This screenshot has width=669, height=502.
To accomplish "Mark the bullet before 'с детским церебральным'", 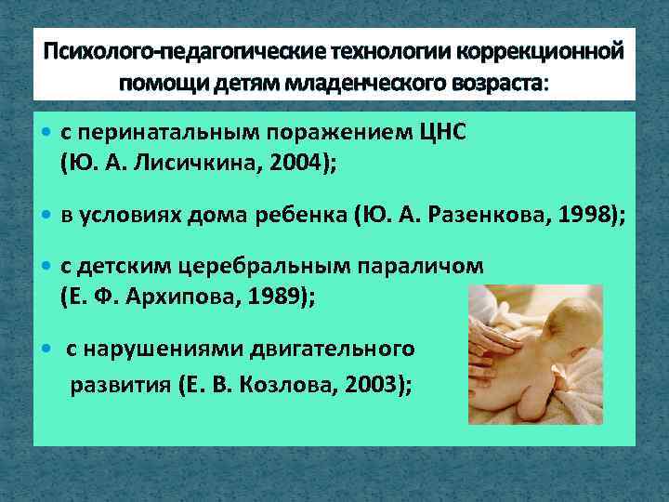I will coord(48,267).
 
